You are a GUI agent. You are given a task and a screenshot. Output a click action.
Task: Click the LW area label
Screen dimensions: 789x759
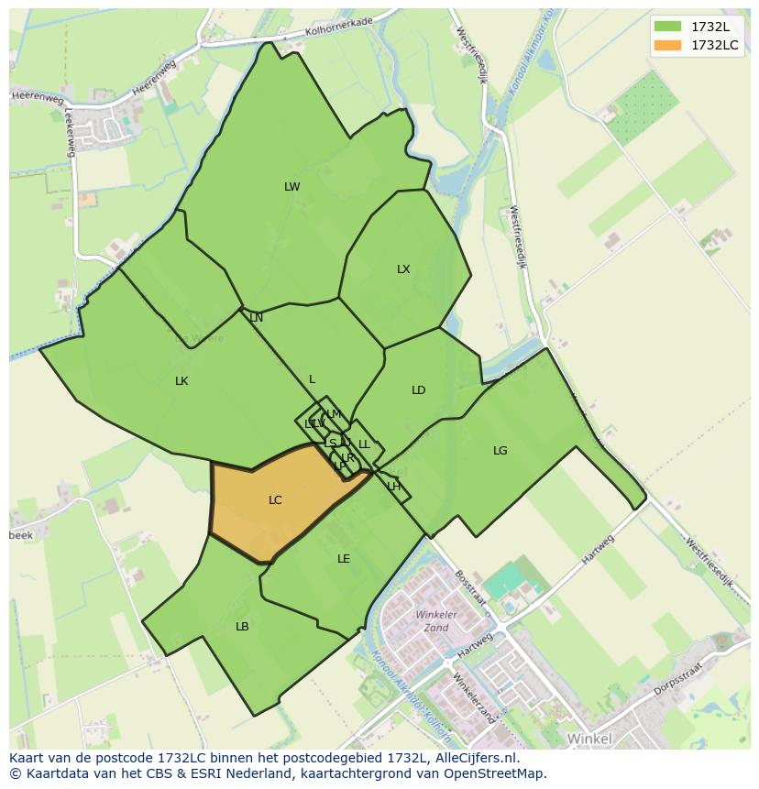pyautogui.click(x=291, y=187)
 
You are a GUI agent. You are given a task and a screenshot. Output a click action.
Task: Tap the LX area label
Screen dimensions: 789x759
pyautogui.click(x=403, y=269)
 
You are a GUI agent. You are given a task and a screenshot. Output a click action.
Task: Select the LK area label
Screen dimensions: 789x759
pyautogui.click(x=181, y=381)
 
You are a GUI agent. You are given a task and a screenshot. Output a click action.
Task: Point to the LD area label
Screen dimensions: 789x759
pyautogui.click(x=418, y=390)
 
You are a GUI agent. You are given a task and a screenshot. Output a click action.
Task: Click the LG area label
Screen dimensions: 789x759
pyautogui.click(x=500, y=451)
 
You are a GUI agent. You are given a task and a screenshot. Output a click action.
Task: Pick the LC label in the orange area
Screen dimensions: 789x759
pyautogui.click(x=275, y=500)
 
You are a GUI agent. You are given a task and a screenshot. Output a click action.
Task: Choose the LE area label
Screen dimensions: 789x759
pyautogui.click(x=344, y=559)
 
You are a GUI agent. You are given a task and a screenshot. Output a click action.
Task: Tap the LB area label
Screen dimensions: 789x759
pyautogui.click(x=242, y=627)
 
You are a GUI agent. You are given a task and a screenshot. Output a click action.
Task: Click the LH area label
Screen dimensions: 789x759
pyautogui.click(x=393, y=487)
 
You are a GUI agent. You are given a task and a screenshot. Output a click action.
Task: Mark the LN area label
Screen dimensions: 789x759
pyautogui.click(x=256, y=318)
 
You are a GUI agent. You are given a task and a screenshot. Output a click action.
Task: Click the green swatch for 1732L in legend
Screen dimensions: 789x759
pyautogui.click(x=667, y=26)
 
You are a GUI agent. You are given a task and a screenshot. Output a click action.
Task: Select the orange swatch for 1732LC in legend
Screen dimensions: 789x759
pyautogui.click(x=667, y=44)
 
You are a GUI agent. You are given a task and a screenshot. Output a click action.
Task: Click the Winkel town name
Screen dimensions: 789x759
pyautogui.click(x=588, y=738)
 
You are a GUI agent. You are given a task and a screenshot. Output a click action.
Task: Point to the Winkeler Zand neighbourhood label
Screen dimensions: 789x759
pyautogui.click(x=432, y=621)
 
